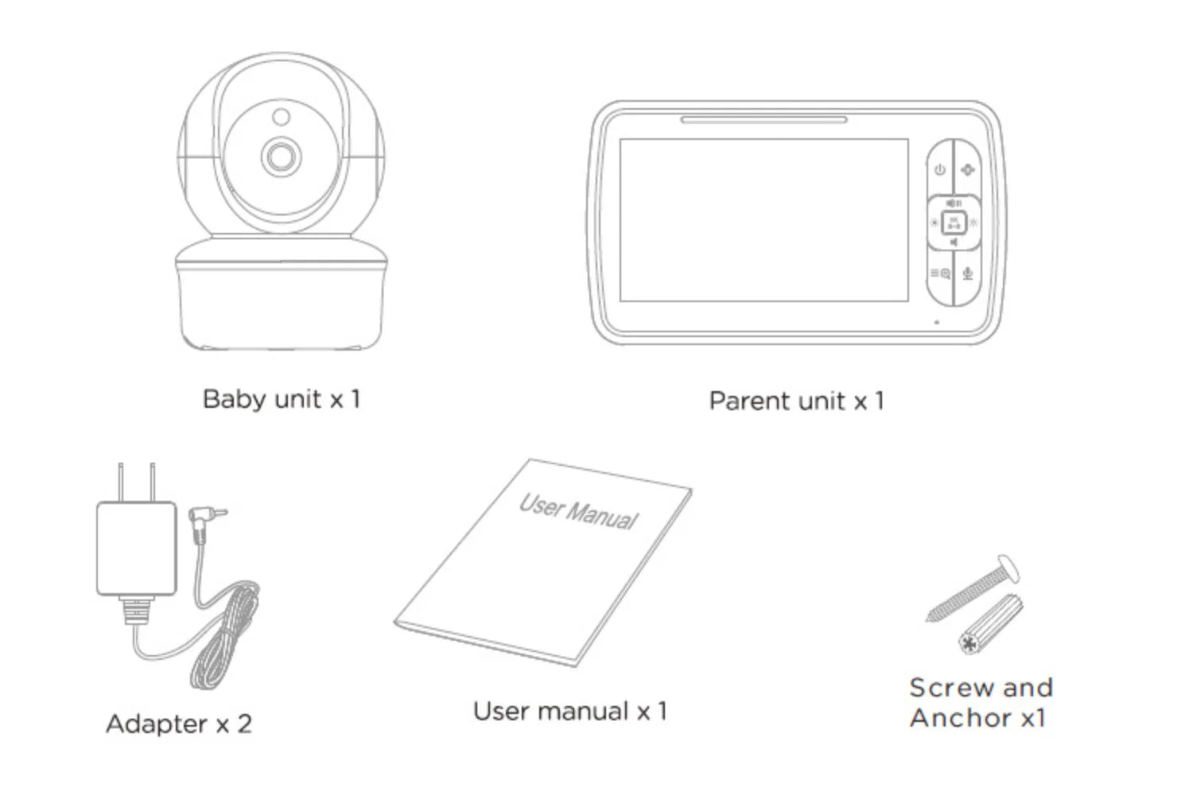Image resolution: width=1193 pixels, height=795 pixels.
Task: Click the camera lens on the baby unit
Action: (279, 157)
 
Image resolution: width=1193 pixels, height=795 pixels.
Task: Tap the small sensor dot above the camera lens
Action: (281, 117)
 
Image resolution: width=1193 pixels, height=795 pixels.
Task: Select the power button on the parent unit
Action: (940, 169)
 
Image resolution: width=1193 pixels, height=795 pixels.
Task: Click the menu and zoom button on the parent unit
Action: (940, 273)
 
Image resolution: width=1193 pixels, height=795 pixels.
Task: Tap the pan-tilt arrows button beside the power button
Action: (967, 169)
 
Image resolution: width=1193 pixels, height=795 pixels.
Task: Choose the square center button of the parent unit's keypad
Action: (954, 223)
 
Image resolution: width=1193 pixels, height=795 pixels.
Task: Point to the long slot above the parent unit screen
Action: (764, 121)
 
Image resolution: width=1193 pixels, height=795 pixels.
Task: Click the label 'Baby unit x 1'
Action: (282, 398)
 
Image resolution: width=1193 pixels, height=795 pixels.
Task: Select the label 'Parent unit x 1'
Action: (796, 401)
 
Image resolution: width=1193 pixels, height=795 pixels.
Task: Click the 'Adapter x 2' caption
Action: (179, 723)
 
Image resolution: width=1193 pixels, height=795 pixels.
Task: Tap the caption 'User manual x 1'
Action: (569, 711)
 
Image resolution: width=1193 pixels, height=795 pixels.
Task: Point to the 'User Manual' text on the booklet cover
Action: (578, 511)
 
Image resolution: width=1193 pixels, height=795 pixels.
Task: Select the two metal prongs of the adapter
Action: (136, 482)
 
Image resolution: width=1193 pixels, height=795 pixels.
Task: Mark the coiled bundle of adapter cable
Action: (226, 636)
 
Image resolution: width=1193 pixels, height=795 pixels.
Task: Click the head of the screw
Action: (1007, 569)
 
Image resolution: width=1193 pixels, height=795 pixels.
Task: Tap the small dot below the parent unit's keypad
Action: (936, 322)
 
